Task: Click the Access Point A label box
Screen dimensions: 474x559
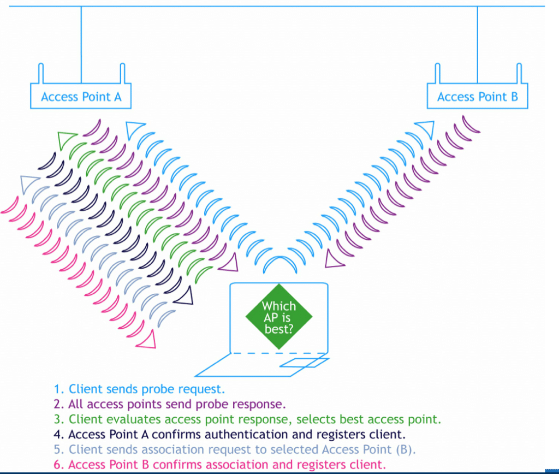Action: pyautogui.click(x=81, y=97)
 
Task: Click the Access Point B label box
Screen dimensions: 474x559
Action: pyautogui.click(x=477, y=97)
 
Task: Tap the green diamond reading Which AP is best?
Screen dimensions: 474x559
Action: pyautogui.click(x=279, y=317)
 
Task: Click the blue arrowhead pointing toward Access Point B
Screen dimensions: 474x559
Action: pyautogui.click(x=425, y=129)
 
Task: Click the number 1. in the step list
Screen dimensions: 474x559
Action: pyautogui.click(x=59, y=389)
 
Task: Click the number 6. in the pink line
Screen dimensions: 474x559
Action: pyautogui.click(x=59, y=465)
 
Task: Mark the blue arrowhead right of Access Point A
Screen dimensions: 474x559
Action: pyautogui.click(x=134, y=129)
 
